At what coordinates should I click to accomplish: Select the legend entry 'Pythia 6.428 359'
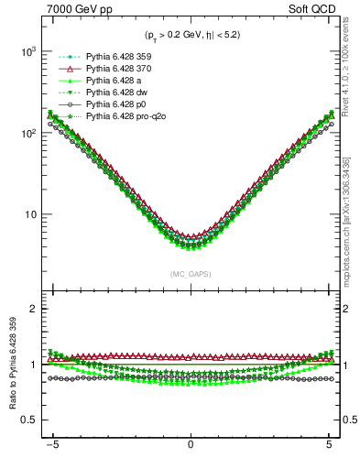113,58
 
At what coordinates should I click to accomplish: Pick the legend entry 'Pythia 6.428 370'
113,70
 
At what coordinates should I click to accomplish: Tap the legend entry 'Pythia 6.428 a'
107,82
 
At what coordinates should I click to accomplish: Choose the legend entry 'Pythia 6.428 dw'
109,93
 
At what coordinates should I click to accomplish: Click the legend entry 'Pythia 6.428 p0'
109,105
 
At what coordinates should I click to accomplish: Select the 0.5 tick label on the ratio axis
27,420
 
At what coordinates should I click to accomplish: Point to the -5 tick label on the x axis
52,451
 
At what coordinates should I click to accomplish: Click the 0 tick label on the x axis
190,451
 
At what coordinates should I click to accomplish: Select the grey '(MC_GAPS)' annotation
190,274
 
